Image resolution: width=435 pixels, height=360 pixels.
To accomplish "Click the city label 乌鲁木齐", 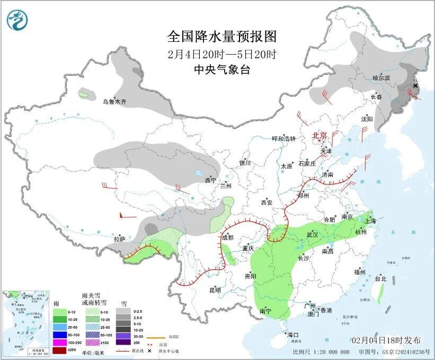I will point(114,102).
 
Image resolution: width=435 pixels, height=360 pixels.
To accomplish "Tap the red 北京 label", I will point(321,135).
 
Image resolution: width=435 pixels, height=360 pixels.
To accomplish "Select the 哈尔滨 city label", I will point(380,78).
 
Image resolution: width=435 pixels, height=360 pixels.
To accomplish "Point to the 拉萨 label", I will point(120,239).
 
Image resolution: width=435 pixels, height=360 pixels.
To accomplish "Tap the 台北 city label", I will point(380,278).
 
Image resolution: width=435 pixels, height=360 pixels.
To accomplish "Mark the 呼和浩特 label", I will point(283,138).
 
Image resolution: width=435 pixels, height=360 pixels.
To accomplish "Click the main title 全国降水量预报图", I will point(222,36).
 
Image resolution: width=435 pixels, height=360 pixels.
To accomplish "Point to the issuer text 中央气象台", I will point(222,69).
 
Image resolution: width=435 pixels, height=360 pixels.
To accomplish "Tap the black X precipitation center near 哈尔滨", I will point(415,86).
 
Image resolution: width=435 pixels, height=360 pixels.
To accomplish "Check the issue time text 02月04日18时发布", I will point(386,340).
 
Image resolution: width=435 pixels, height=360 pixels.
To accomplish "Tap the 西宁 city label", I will point(210,181).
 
